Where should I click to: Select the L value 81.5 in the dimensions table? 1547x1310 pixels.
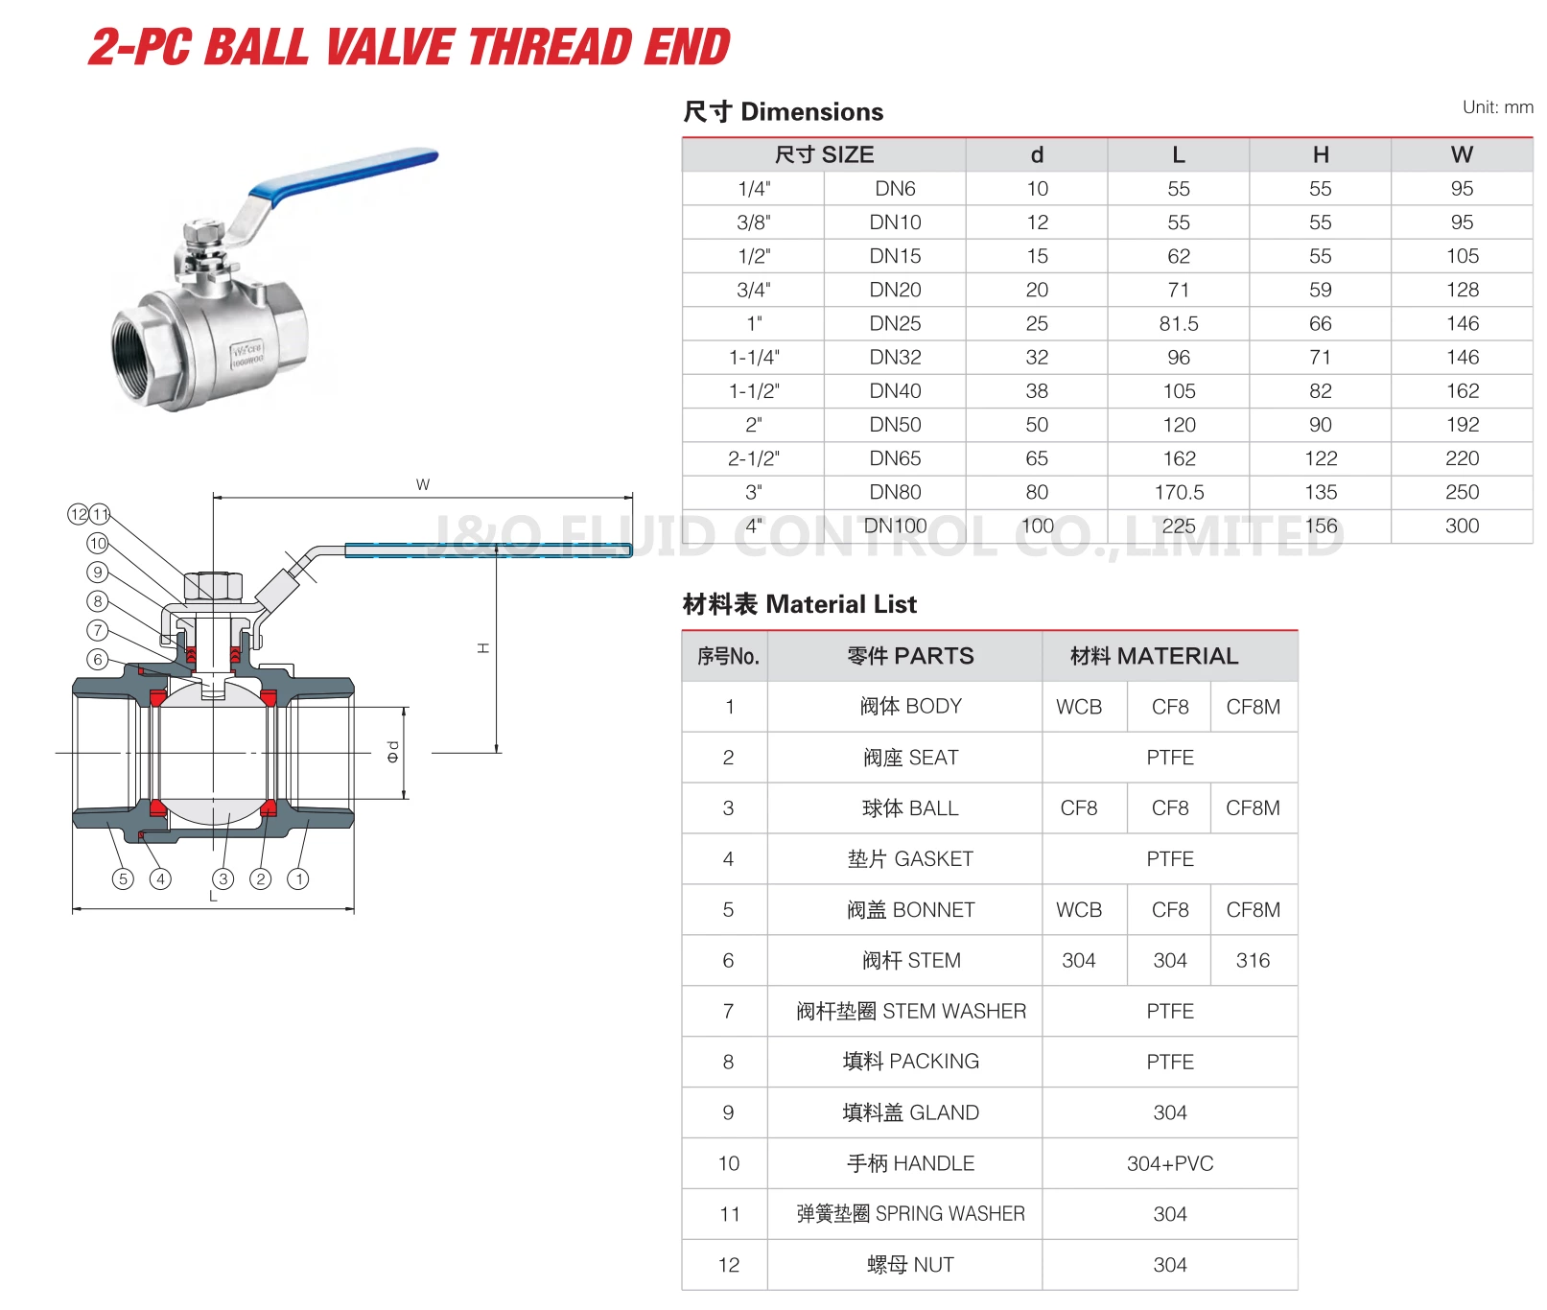coord(1178,324)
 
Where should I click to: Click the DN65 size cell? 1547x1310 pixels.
coord(894,458)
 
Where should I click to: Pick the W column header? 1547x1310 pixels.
coord(1461,155)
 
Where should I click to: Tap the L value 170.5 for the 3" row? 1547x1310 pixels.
coord(1178,492)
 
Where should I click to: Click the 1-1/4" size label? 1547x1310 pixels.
coord(754,358)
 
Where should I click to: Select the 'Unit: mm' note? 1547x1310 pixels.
coord(1496,107)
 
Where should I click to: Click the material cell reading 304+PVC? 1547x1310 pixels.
coord(1169,1163)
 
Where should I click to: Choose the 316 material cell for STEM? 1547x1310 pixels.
coord(1253,960)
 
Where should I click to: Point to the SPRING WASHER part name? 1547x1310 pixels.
coord(910,1214)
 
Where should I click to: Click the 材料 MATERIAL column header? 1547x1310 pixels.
coord(1154,656)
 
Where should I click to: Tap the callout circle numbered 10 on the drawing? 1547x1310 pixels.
coord(98,544)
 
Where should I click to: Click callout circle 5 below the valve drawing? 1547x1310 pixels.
coord(123,878)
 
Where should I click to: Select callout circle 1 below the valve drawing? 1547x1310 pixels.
coord(299,878)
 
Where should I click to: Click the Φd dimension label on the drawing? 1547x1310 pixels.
coord(392,752)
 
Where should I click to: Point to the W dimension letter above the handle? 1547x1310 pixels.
coord(423,484)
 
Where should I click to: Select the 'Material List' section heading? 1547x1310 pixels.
coord(799,604)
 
